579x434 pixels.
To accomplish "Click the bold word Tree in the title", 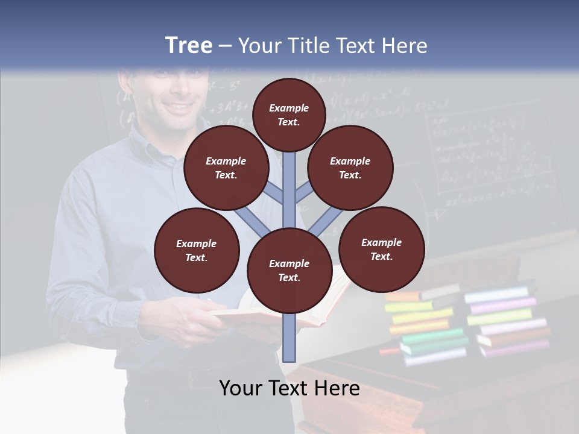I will click(x=189, y=45).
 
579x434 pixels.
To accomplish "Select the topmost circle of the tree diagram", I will click(x=289, y=115).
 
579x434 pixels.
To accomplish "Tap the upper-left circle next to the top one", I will click(x=226, y=168).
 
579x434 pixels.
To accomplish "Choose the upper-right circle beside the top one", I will click(x=350, y=168).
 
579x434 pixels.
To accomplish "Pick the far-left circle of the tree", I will click(x=197, y=250).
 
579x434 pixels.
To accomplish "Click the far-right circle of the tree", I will click(x=381, y=249).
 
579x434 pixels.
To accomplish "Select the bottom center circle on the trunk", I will click(x=289, y=271).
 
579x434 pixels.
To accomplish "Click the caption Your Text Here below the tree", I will click(x=289, y=388).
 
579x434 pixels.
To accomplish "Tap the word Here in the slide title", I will click(x=407, y=46).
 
